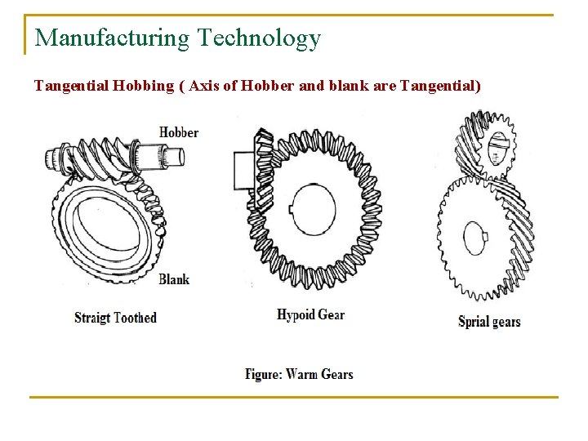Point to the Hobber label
coord(178,132)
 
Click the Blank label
coord(173,279)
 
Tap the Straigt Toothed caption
coord(115,318)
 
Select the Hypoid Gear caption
coord(310,315)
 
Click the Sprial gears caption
coord(488,321)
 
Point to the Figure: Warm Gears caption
coord(299,374)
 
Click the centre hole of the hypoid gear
coord(313,207)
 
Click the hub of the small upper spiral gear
coord(498,150)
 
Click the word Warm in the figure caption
coord(301,374)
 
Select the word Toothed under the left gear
coord(135,318)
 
